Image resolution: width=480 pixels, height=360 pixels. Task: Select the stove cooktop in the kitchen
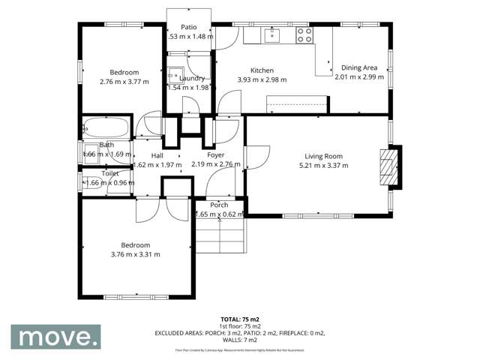pyautogui.click(x=304, y=34)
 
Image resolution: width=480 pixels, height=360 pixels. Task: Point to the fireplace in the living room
pyautogui.click(x=387, y=166)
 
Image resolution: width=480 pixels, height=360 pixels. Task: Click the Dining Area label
pyautogui.click(x=359, y=67)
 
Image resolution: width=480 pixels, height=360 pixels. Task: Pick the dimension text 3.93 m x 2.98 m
pyautogui.click(x=262, y=79)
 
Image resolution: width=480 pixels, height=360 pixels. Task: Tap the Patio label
pyautogui.click(x=188, y=28)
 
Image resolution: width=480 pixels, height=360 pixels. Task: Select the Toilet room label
pyautogui.click(x=109, y=173)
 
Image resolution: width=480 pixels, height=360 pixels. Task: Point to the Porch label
pyautogui.click(x=219, y=205)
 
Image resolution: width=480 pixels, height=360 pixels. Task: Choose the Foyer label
pyautogui.click(x=216, y=155)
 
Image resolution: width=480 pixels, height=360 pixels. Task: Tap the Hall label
pyautogui.click(x=157, y=155)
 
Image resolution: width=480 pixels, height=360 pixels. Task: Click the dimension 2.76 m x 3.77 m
pyautogui.click(x=124, y=82)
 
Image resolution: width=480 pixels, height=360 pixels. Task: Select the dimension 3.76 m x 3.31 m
pyautogui.click(x=136, y=254)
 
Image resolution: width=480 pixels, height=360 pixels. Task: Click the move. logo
pyautogui.click(x=58, y=337)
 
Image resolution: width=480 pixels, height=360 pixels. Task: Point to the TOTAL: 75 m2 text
pyautogui.click(x=240, y=319)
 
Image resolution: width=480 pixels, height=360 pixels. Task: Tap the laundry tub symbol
pyautogui.click(x=174, y=74)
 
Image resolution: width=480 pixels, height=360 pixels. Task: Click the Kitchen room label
pyautogui.click(x=262, y=70)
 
